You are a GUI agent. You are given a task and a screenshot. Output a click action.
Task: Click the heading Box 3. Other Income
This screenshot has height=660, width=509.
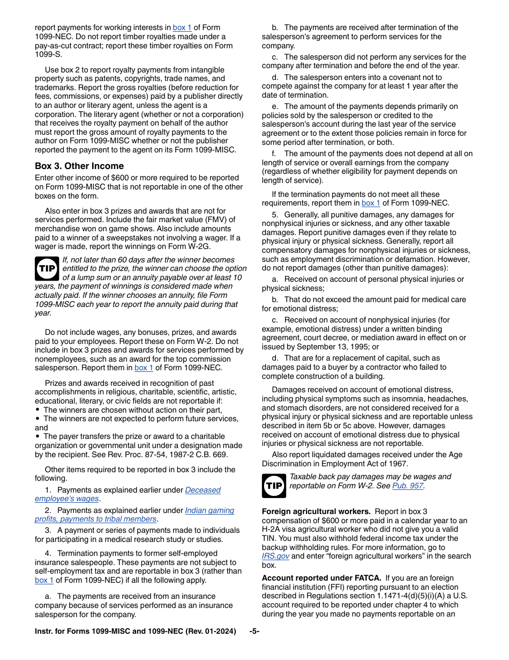point(79,166)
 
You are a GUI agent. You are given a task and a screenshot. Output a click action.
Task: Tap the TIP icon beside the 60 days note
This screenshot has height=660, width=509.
point(47,268)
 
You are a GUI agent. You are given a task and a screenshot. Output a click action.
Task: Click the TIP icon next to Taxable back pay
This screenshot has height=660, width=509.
point(273,486)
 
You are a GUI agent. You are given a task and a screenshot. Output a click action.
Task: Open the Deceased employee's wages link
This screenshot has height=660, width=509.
point(203,490)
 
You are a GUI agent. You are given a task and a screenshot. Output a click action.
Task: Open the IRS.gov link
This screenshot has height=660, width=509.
point(275,556)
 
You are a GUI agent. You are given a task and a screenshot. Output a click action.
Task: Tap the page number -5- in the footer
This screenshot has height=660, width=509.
point(254,631)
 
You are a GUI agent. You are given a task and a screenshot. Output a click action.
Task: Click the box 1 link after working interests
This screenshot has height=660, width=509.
point(182,27)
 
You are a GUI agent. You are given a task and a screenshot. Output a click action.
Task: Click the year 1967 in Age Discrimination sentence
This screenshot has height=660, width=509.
point(399,464)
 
